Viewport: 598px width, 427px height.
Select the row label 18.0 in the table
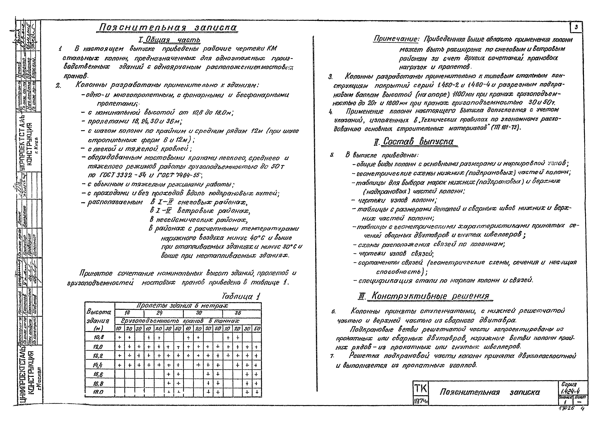click(98, 392)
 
